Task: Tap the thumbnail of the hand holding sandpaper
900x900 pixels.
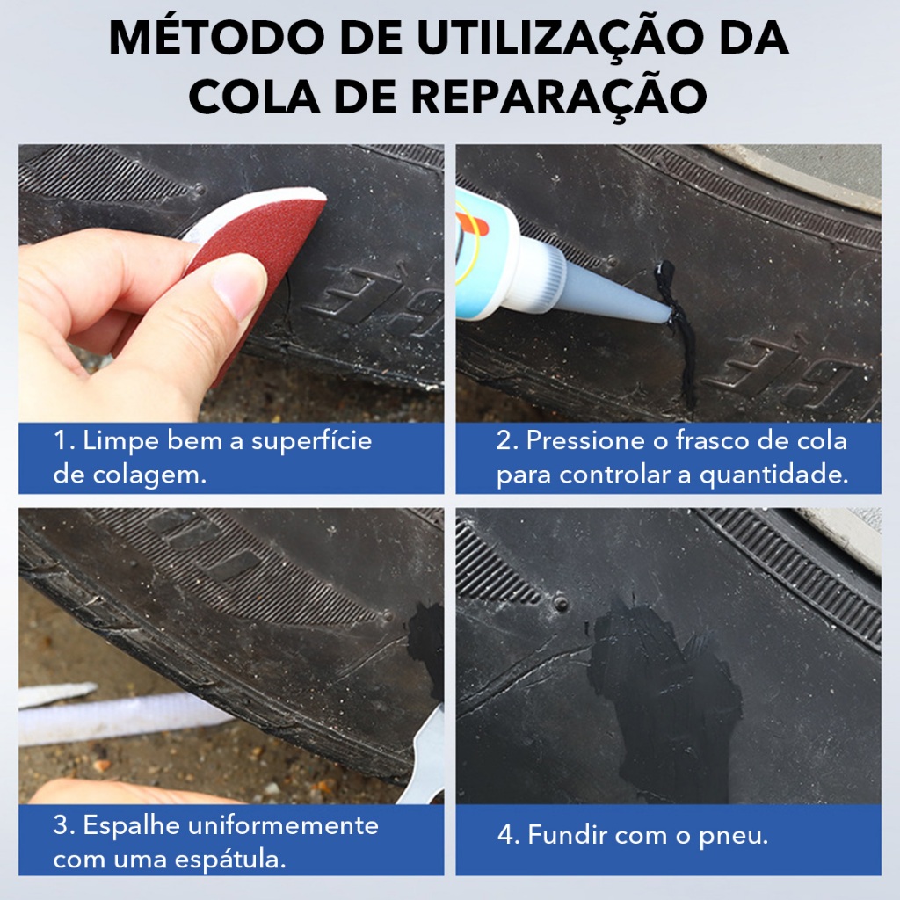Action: pyautogui.click(x=231, y=283)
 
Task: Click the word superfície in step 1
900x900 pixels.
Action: pyautogui.click(x=312, y=442)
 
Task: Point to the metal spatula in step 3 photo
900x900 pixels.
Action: pyautogui.click(x=424, y=758)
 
